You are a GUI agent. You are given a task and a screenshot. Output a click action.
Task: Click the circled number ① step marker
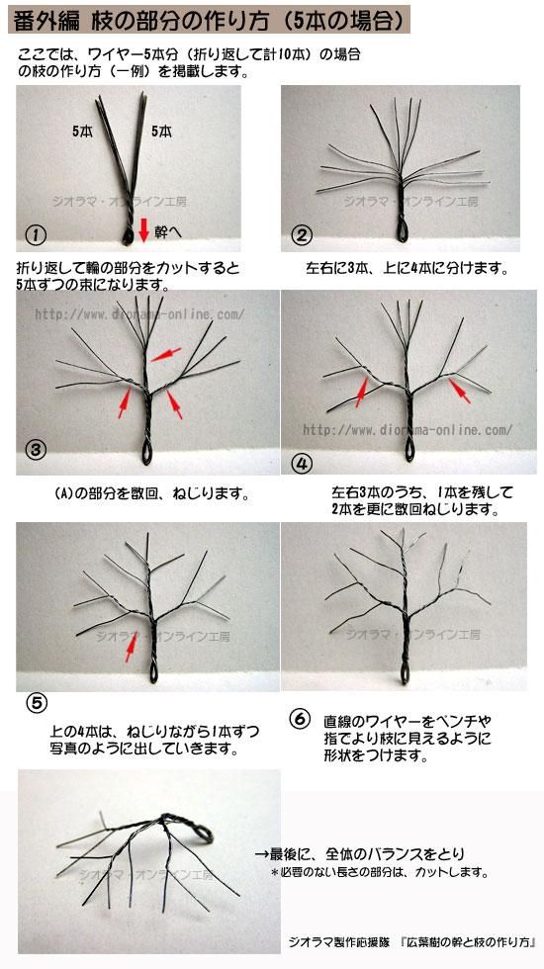click(37, 234)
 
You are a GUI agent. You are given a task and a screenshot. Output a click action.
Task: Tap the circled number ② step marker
click(303, 235)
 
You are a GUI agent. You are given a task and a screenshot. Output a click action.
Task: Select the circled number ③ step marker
click(36, 449)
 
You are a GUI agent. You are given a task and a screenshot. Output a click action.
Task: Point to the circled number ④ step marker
click(304, 464)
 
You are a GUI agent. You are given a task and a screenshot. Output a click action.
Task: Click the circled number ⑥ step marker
click(300, 720)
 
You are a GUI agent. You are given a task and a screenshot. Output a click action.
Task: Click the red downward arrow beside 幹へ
click(143, 229)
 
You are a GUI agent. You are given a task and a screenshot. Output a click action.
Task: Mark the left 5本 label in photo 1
click(83, 131)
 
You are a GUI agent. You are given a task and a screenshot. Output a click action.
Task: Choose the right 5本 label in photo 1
click(161, 131)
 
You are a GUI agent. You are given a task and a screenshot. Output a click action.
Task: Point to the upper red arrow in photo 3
click(166, 354)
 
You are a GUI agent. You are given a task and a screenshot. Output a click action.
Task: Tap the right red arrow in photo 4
click(459, 392)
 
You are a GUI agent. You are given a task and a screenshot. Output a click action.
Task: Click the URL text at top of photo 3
click(139, 314)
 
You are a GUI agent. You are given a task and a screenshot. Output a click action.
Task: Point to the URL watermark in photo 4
click(408, 429)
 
